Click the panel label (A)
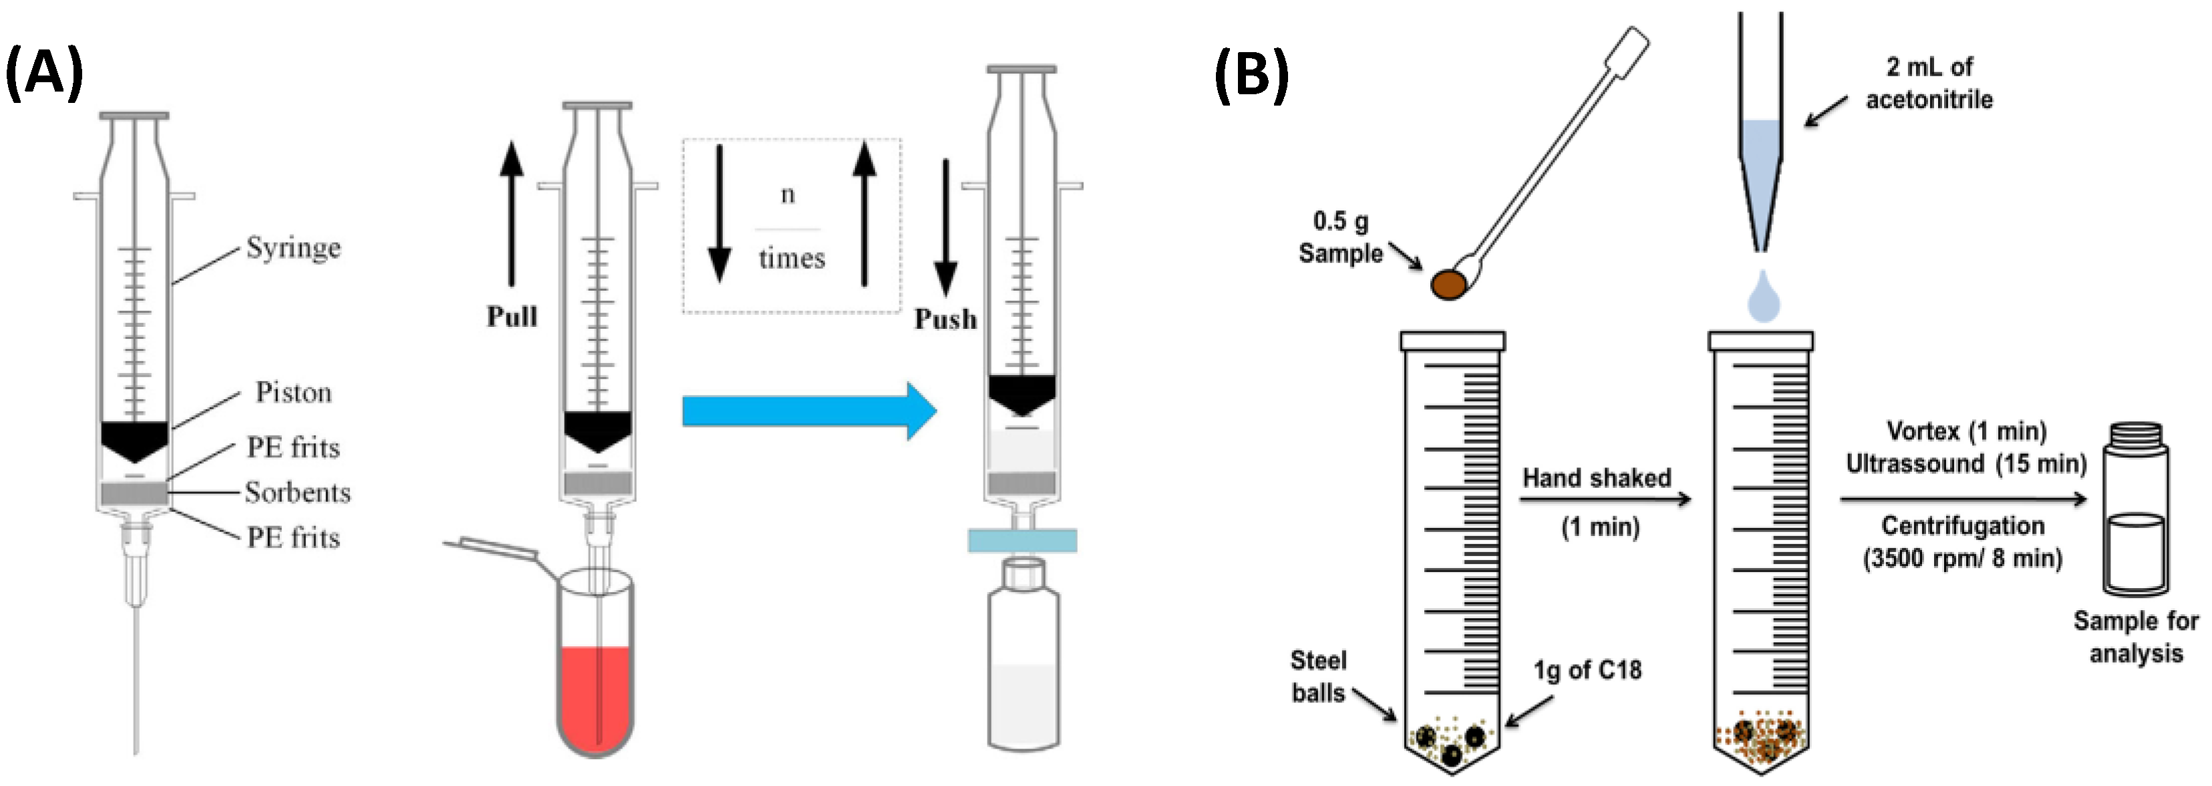(x=45, y=73)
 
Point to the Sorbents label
(x=297, y=492)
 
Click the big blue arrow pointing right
(x=807, y=410)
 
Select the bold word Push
(x=945, y=319)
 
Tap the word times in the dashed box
(x=791, y=258)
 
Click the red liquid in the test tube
(x=595, y=696)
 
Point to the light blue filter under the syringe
(x=1022, y=540)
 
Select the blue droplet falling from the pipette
(x=1763, y=299)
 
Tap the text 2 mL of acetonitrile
(x=1929, y=84)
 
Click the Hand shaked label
(x=1596, y=478)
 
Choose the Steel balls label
(x=1318, y=676)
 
